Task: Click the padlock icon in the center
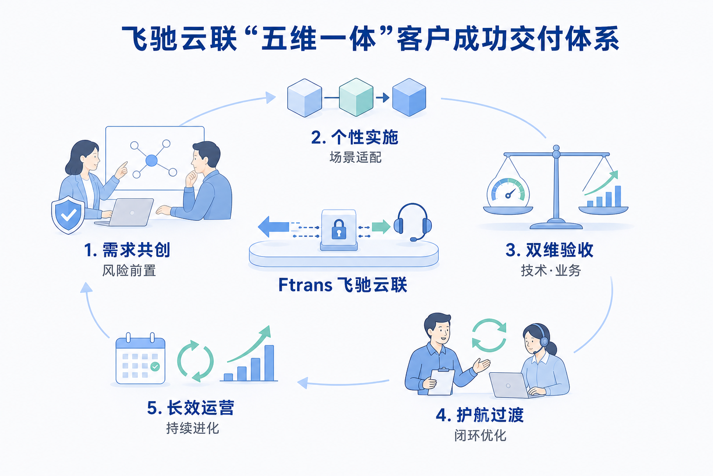pyautogui.click(x=339, y=229)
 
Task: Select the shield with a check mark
pyautogui.click(x=68, y=215)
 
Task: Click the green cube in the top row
pyautogui.click(x=356, y=97)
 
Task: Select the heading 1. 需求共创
pyautogui.click(x=127, y=250)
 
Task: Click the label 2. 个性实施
pyautogui.click(x=355, y=138)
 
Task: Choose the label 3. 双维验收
pyautogui.click(x=550, y=250)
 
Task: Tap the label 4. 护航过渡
pyautogui.click(x=480, y=415)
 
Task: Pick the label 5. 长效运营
pyautogui.click(x=191, y=408)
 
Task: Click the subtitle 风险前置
pyautogui.click(x=129, y=271)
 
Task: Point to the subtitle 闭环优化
pyautogui.click(x=480, y=436)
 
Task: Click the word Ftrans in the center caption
pyautogui.click(x=305, y=284)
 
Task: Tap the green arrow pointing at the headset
pyautogui.click(x=381, y=227)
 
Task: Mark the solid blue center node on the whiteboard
pyautogui.click(x=151, y=160)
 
